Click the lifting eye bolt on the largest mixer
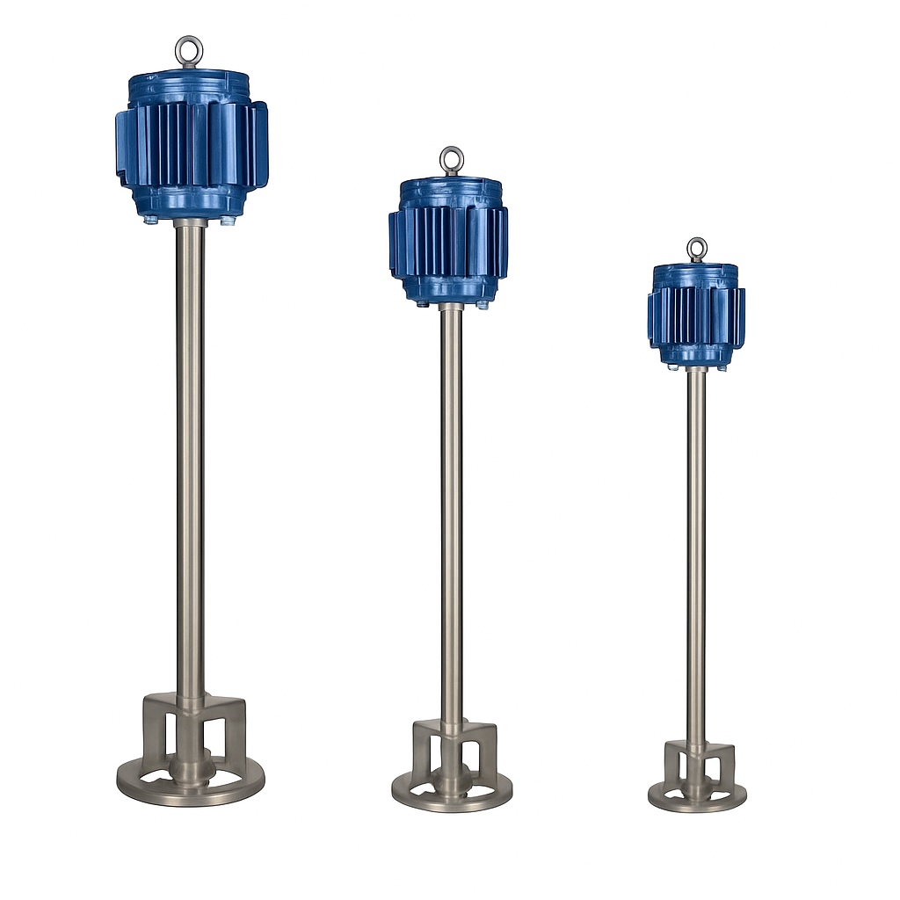(x=188, y=51)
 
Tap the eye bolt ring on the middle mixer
(x=452, y=160)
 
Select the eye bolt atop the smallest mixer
(x=697, y=249)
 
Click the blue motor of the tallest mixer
(x=191, y=145)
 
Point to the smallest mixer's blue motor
(x=696, y=317)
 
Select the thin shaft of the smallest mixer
(x=696, y=554)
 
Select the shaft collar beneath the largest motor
(x=190, y=223)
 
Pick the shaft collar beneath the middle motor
(x=451, y=307)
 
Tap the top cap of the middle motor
(x=451, y=185)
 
